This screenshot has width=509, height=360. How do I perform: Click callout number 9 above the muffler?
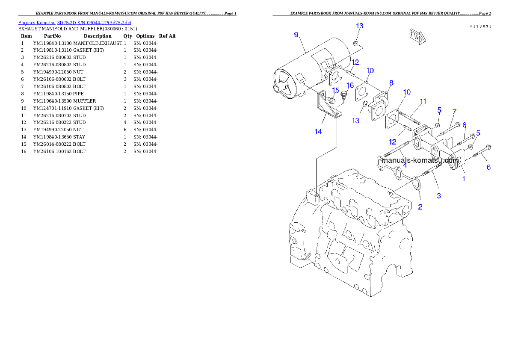point(296,35)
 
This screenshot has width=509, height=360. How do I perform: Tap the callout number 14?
point(318,132)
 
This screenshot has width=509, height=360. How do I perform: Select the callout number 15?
point(336,90)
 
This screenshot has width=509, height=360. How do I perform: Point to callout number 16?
point(350,85)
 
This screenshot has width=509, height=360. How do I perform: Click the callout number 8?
point(391,83)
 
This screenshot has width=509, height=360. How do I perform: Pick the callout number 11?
point(423,101)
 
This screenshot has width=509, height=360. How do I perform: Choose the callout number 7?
point(454,112)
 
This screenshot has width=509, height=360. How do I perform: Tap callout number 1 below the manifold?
point(463,179)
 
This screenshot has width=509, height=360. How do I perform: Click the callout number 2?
point(420,207)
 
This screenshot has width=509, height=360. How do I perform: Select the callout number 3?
point(439,196)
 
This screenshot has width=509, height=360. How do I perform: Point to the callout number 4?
point(405,164)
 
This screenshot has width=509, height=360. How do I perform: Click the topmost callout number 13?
point(360,26)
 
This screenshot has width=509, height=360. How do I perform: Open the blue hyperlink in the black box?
point(74,22)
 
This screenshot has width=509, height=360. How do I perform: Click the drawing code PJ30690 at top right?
point(480,26)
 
